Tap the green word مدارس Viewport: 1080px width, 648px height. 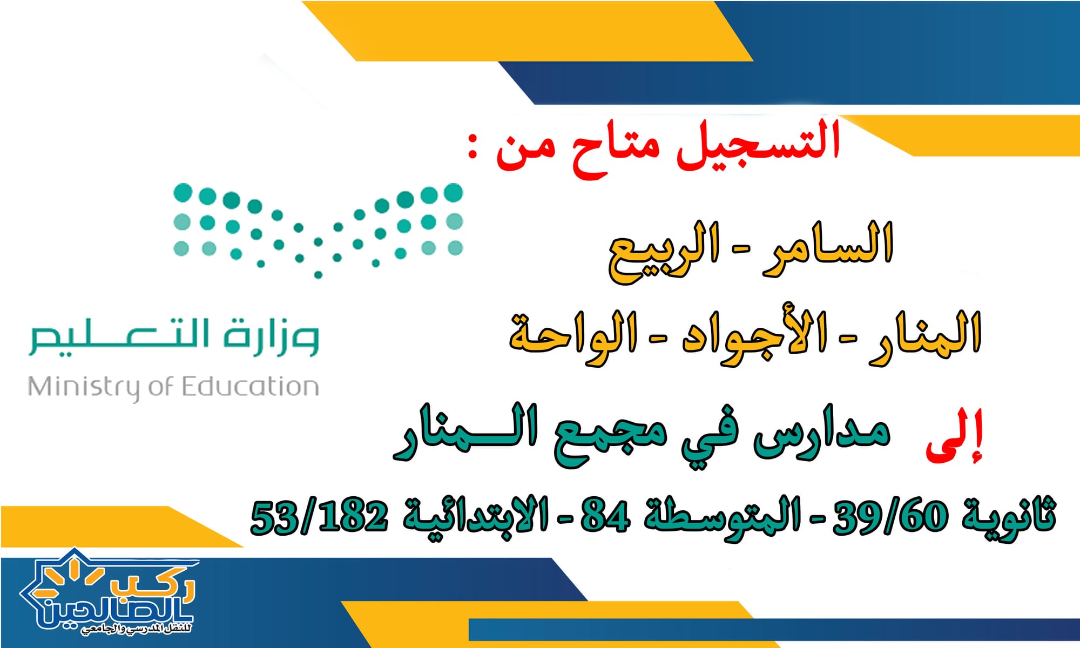(x=821, y=437)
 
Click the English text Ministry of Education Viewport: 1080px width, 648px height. (x=173, y=388)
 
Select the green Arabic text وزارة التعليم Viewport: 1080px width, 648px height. (x=174, y=337)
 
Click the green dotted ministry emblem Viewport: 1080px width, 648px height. (x=318, y=230)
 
